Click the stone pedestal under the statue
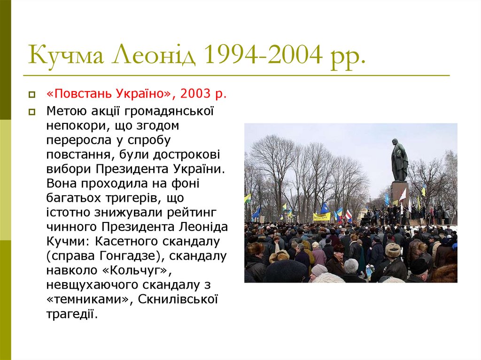coord(399,192)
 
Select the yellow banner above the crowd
coord(322,216)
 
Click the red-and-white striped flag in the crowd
coord(349,215)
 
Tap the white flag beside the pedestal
coord(403,195)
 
